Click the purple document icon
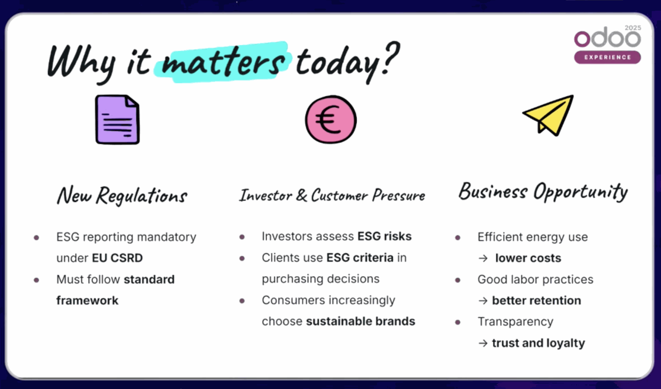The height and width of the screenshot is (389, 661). pyautogui.click(x=117, y=119)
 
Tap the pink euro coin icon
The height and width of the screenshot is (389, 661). pyautogui.click(x=330, y=119)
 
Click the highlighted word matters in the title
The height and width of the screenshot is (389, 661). pyautogui.click(x=223, y=62)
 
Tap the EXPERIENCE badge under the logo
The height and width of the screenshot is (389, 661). pyautogui.click(x=607, y=57)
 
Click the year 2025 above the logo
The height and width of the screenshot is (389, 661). pyautogui.click(x=633, y=28)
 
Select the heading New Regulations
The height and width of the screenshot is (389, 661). pyautogui.click(x=122, y=196)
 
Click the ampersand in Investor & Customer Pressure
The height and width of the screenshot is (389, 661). pyautogui.click(x=302, y=195)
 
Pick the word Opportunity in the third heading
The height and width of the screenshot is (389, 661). pyautogui.click(x=580, y=192)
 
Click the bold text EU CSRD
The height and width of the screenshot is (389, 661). pyautogui.click(x=117, y=258)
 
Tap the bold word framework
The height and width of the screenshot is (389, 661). pyautogui.click(x=87, y=300)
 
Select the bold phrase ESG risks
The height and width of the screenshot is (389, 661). pyautogui.click(x=385, y=236)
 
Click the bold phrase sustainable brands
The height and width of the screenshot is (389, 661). pyautogui.click(x=360, y=321)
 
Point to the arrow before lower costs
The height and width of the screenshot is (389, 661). pyautogui.click(x=483, y=258)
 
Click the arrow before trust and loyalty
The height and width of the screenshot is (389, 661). pyautogui.click(x=483, y=343)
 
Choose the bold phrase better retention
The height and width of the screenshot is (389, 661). pyautogui.click(x=536, y=300)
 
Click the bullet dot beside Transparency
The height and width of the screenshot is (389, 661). pyautogui.click(x=458, y=322)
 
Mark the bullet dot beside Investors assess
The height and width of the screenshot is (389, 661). pyautogui.click(x=242, y=237)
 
